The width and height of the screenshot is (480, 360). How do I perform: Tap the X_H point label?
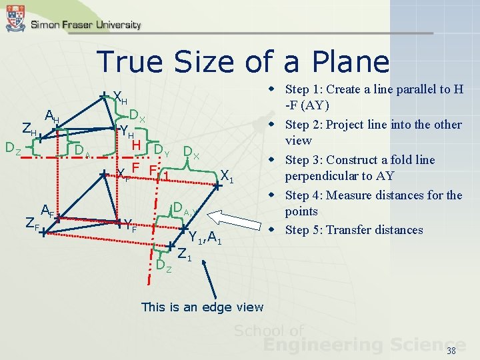point(121,99)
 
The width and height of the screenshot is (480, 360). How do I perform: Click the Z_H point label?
point(29,129)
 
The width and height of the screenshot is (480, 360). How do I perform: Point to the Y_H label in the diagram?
point(125,132)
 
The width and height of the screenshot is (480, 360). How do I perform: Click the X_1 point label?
point(227,177)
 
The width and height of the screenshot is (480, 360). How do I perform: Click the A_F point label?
point(47,211)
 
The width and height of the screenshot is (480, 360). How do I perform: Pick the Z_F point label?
point(31,225)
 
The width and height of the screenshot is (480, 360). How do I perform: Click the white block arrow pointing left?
point(233,221)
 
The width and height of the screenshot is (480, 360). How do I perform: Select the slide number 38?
point(451,351)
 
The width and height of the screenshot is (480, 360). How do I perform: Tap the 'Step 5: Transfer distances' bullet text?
point(353,230)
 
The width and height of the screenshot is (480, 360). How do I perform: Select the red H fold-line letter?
point(135,145)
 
